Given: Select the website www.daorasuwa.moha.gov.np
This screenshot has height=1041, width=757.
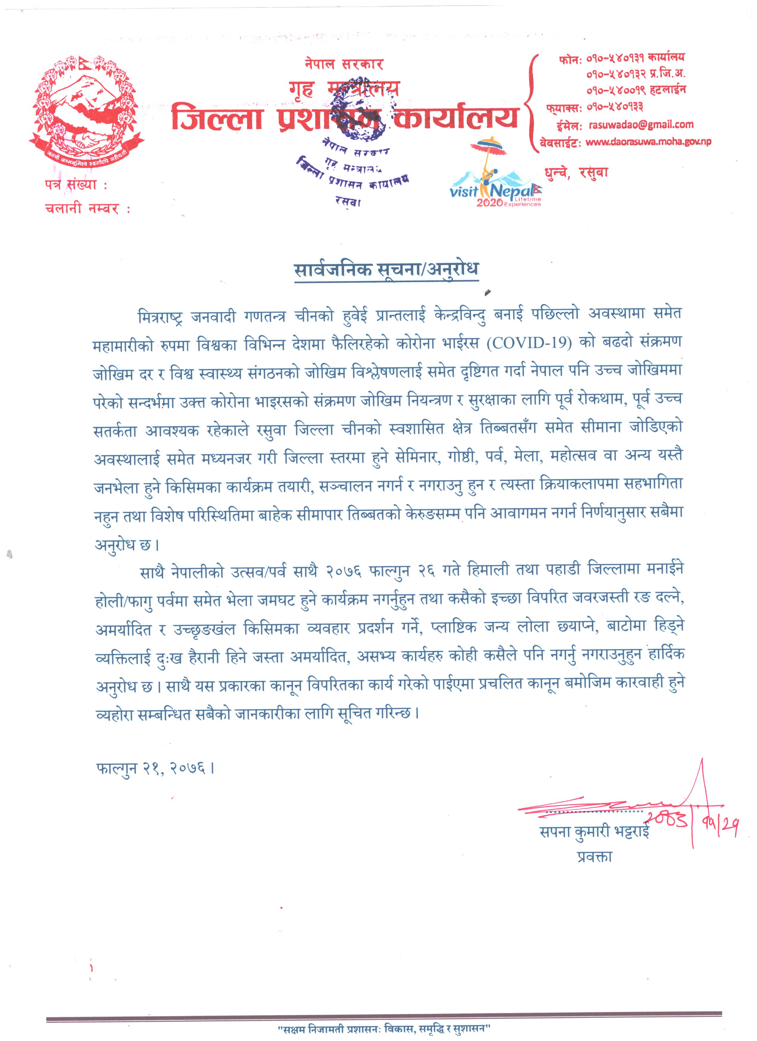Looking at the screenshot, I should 648,142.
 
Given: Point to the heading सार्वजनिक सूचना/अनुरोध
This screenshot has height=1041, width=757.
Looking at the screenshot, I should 386,269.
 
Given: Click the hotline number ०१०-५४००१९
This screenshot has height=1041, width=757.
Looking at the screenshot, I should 611,91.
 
